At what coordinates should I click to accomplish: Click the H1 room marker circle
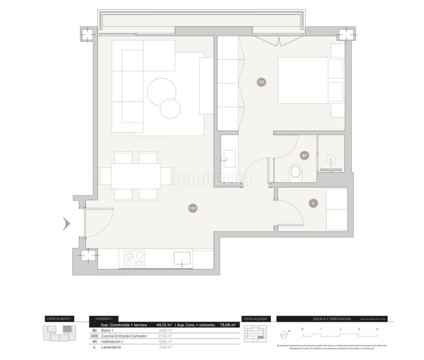point(261,82)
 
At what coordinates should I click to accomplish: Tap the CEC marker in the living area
point(193,208)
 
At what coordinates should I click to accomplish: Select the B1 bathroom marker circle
point(304,155)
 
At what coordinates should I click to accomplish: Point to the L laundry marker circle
point(313,203)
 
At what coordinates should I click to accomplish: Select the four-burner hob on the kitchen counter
point(134,259)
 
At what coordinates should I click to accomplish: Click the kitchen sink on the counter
point(183,259)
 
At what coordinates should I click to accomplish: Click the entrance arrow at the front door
point(67,224)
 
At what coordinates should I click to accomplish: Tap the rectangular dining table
point(136,176)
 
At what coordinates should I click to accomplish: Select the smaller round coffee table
point(171,108)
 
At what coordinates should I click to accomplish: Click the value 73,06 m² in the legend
point(228,325)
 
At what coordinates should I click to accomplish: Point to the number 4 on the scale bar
point(377,329)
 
